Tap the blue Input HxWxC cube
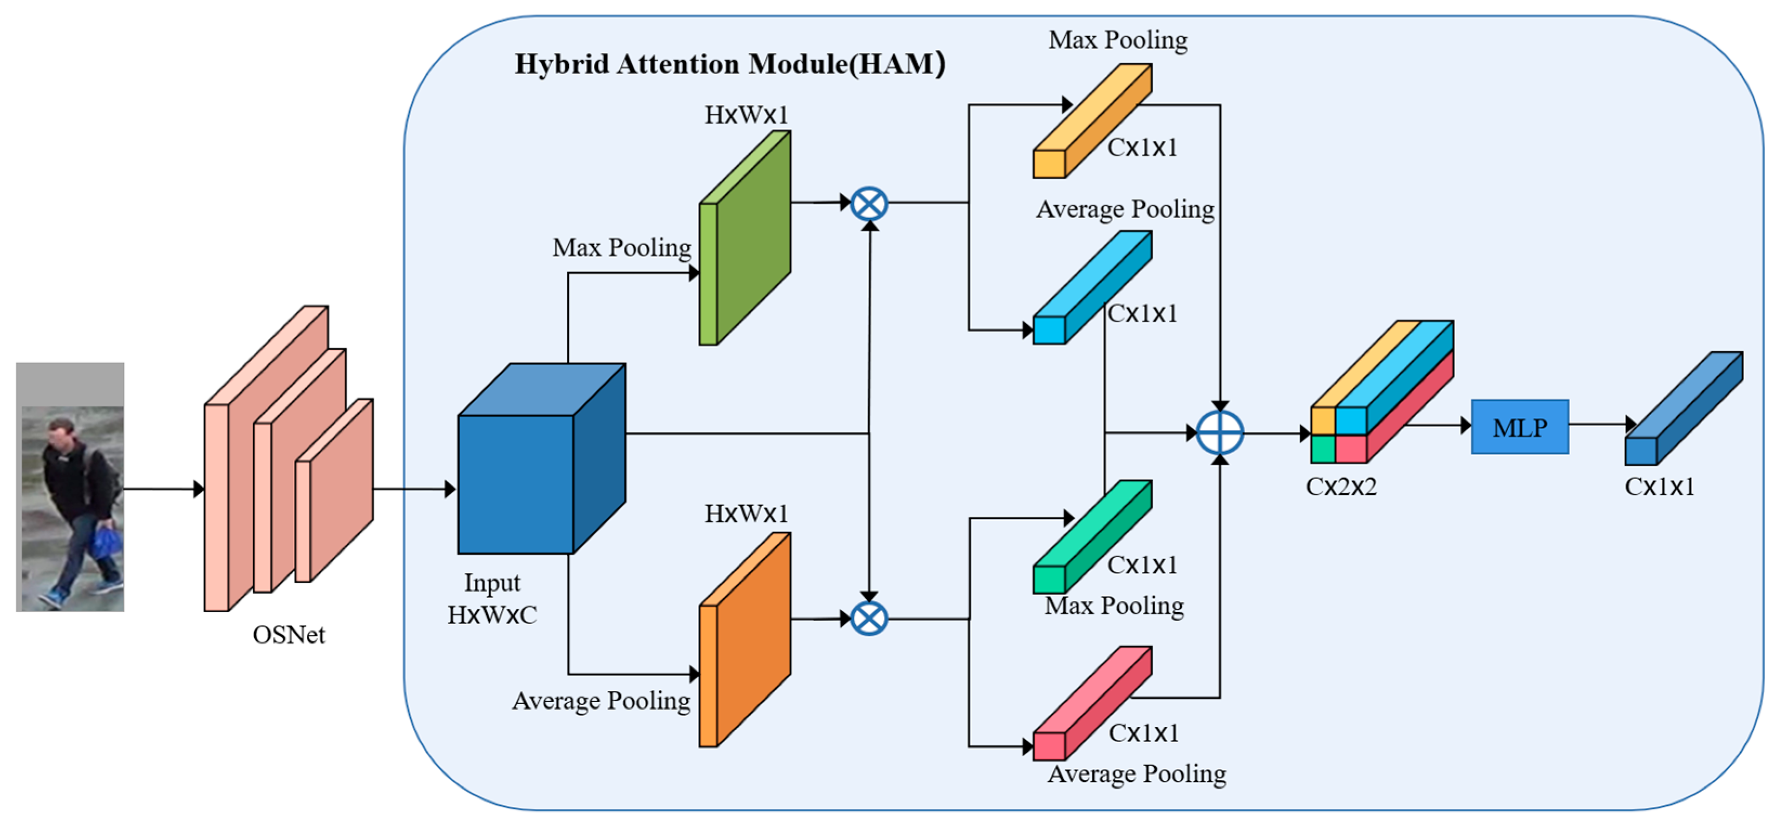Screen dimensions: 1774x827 (x=541, y=458)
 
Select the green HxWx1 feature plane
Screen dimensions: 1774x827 (x=744, y=238)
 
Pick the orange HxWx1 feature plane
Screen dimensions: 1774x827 (x=744, y=640)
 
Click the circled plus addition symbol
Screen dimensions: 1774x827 (x=1220, y=433)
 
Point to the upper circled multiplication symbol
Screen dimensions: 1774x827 (x=869, y=204)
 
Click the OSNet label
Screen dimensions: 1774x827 (x=289, y=635)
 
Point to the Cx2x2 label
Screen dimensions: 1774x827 (x=1341, y=487)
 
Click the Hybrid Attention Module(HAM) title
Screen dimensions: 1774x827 (x=730, y=64)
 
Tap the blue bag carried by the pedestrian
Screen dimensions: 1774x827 (x=107, y=541)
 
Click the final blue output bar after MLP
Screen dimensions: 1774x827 (x=1684, y=408)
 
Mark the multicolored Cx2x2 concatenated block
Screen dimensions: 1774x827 (x=1382, y=391)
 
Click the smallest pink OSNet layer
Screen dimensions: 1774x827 (x=335, y=490)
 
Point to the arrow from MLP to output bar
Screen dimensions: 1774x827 (x=1602, y=424)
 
